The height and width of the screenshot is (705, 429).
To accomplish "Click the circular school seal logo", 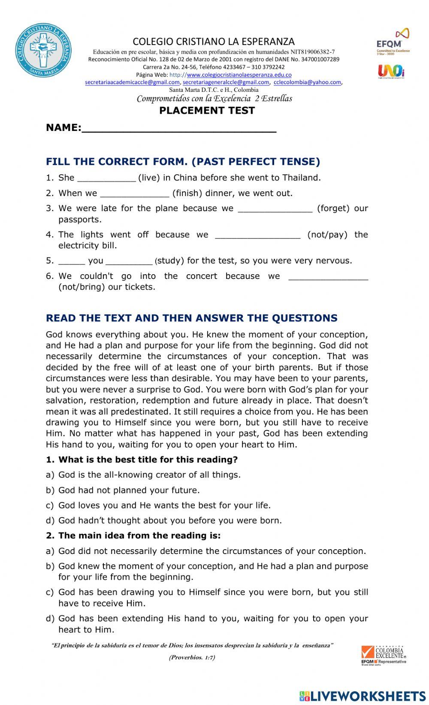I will (43, 50).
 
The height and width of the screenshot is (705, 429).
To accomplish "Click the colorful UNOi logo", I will (391, 71).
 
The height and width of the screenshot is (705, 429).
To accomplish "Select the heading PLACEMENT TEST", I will (207, 111).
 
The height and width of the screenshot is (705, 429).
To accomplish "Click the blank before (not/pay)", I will (257, 235).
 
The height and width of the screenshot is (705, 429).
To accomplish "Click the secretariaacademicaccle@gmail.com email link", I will (133, 82).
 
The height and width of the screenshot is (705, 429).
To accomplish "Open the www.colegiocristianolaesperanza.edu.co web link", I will (239, 75).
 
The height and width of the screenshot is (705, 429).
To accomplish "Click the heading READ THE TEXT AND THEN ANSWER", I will (191, 318).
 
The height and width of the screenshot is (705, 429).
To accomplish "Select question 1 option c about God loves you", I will (164, 505).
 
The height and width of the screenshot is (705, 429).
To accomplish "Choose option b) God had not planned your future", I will (129, 490).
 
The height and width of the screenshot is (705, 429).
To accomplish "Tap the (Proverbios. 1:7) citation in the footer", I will (192, 657).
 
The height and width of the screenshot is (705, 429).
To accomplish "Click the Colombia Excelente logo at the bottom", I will (384, 655).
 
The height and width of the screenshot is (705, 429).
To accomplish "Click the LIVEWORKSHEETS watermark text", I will (367, 696).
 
